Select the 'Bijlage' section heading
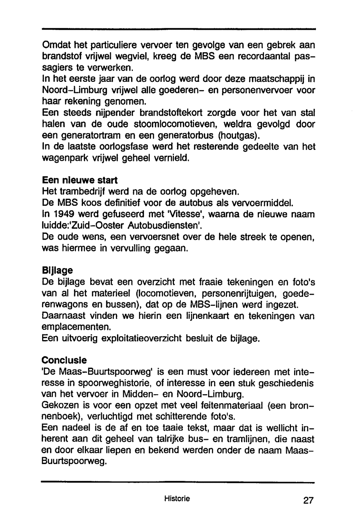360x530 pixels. pyautogui.click(x=57, y=270)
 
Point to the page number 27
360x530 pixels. pyautogui.click(x=309, y=500)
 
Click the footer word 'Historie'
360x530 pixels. pyautogui.click(x=177, y=499)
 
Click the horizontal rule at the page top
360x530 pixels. pyautogui.click(x=179, y=29)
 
